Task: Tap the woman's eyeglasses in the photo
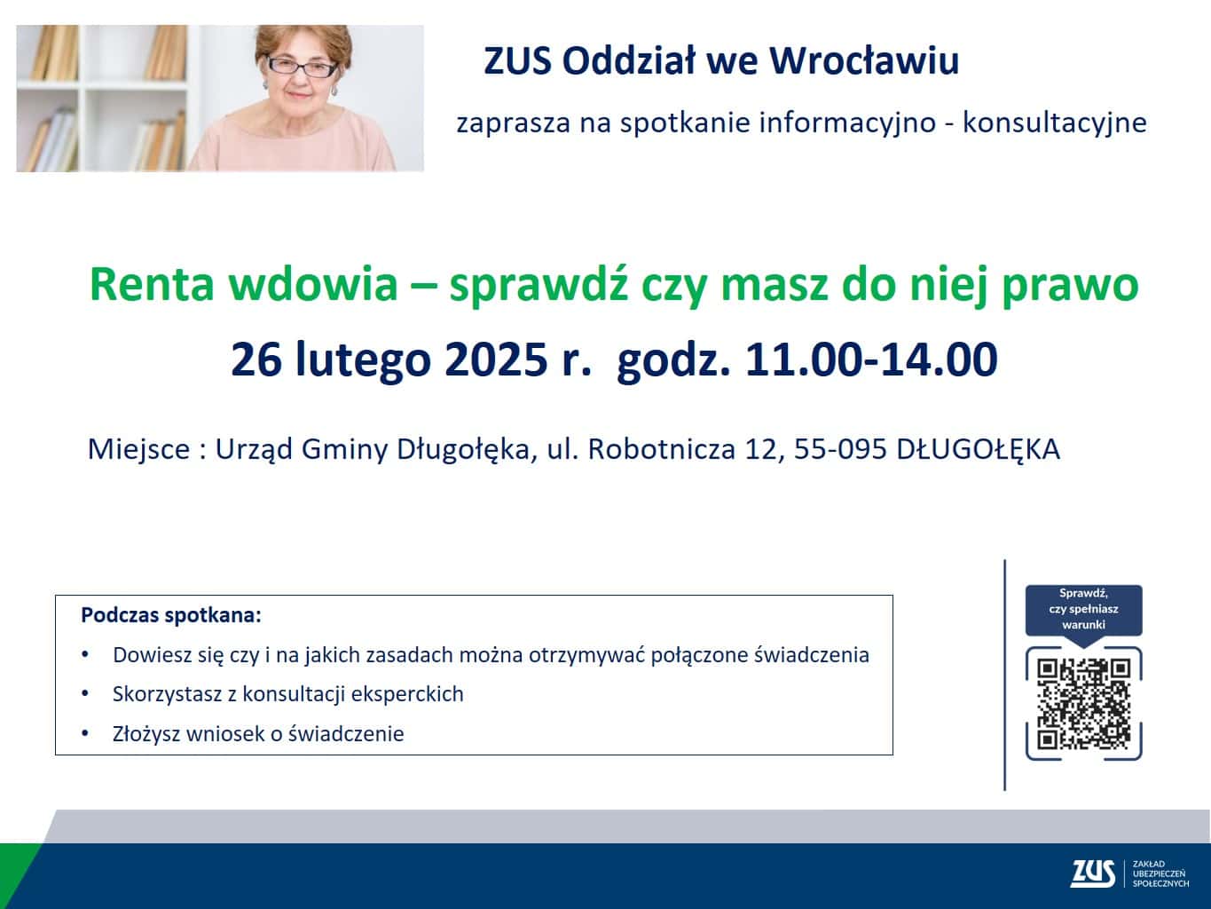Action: pos(302,67)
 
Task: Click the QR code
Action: pos(1083,704)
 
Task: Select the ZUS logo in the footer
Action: pos(1092,873)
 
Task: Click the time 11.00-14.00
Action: pos(871,360)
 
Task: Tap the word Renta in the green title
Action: pos(152,285)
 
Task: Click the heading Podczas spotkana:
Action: pos(171,615)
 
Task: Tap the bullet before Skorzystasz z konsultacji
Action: pos(85,693)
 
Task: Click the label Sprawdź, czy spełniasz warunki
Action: pos(1083,609)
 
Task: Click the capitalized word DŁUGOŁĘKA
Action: pos(979,449)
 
